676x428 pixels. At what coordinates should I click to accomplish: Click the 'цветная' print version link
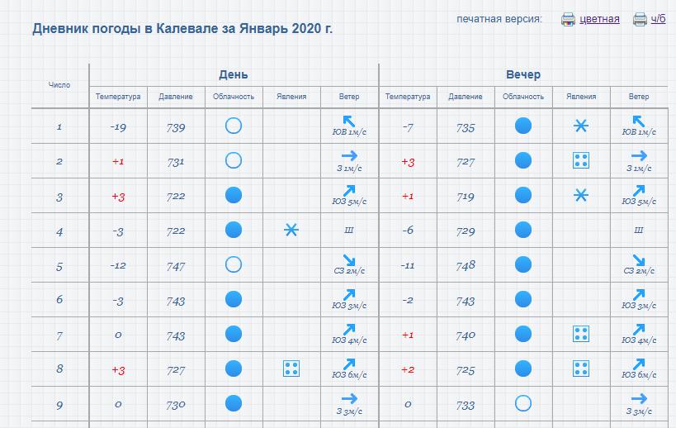[x=599, y=19]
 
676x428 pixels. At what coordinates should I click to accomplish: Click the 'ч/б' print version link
[x=657, y=19]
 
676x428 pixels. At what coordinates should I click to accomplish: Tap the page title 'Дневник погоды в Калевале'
[x=182, y=29]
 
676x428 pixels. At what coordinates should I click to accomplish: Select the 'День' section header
[x=234, y=74]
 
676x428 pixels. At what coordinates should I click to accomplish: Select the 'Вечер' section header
[x=523, y=74]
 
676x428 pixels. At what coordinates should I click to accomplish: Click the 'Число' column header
[x=59, y=85]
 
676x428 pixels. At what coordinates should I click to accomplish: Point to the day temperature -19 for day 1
[x=118, y=127]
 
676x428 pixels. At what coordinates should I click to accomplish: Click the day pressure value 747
[x=176, y=266]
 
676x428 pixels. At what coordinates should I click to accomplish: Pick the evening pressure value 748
[x=466, y=266]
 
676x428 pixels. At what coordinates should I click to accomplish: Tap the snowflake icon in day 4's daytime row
[x=291, y=231]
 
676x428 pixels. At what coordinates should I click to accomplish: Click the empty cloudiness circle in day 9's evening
[x=522, y=404]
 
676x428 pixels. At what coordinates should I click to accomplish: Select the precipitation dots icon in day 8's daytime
[x=291, y=369]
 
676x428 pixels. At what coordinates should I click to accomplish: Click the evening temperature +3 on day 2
[x=408, y=162]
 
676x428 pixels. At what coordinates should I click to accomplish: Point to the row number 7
[x=59, y=335]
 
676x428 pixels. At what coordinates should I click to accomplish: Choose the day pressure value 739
[x=176, y=127]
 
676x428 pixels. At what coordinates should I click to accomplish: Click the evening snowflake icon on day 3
[x=581, y=196]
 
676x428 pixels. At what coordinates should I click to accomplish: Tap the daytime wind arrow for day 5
[x=349, y=260]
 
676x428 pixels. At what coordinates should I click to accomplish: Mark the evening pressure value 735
[x=466, y=127]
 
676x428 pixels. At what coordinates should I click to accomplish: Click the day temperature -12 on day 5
[x=118, y=266]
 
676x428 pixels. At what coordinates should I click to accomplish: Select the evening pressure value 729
[x=466, y=231]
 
